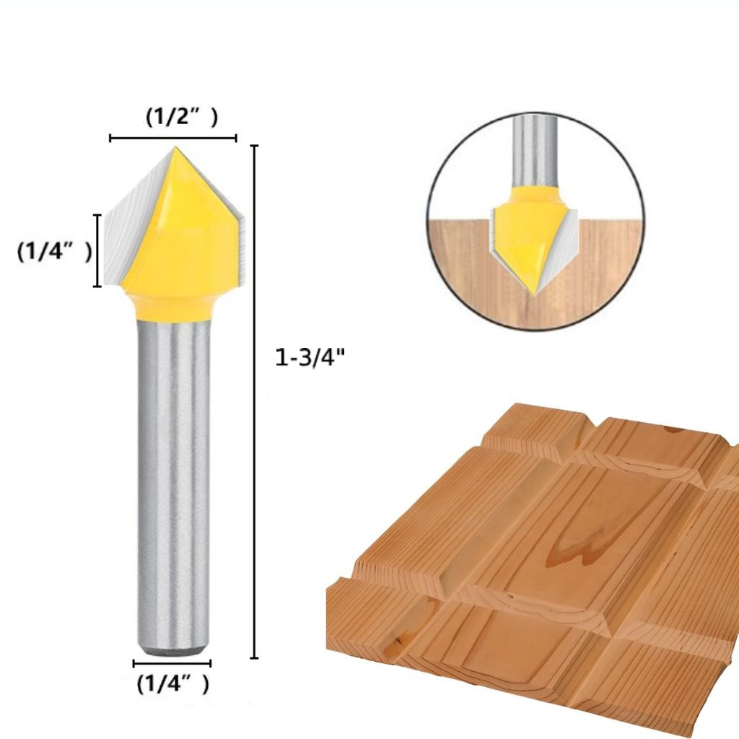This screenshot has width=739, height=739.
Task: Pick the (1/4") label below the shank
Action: pyautogui.click(x=173, y=682)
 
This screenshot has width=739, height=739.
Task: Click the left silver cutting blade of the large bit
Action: pyautogui.click(x=130, y=231)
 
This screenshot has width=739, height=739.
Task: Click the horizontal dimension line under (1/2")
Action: pyautogui.click(x=173, y=137)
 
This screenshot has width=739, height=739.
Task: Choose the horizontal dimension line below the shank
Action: pyautogui.click(x=172, y=662)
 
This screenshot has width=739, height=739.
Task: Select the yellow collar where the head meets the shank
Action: pyautogui.click(x=172, y=307)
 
